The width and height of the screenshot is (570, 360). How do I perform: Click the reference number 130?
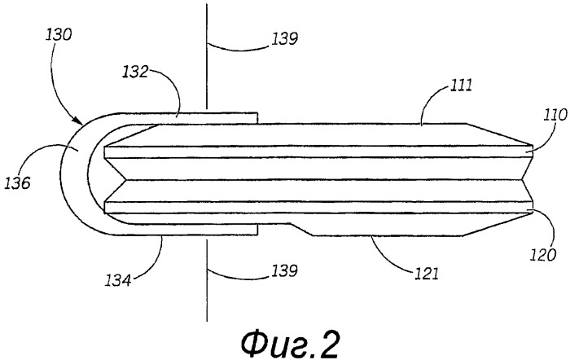[59, 35]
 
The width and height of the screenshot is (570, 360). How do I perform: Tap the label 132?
[135, 72]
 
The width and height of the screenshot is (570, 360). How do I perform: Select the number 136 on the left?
[17, 183]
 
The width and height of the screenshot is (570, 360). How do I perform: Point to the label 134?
[118, 280]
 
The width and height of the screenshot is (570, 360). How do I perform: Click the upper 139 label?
[285, 38]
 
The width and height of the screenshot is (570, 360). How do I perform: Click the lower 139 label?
[285, 270]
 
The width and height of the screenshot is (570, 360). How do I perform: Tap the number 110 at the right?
[555, 115]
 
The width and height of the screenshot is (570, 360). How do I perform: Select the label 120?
[543, 255]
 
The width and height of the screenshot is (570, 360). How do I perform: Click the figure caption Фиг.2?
[290, 344]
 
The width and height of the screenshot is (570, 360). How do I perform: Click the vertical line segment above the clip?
[207, 56]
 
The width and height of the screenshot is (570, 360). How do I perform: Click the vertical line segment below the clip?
[207, 280]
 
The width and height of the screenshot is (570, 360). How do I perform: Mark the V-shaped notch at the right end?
[526, 180]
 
